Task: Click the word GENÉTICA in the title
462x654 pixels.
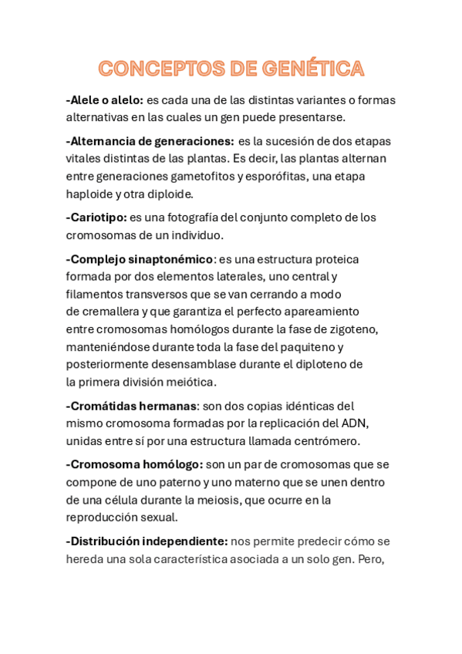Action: click(x=312, y=69)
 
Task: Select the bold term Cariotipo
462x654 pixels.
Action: click(x=96, y=217)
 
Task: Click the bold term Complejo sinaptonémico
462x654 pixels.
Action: click(x=140, y=259)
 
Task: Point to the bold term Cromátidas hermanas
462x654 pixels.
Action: click(x=131, y=406)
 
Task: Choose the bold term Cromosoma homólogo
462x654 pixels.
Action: click(x=135, y=464)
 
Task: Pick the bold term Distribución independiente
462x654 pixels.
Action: click(x=147, y=541)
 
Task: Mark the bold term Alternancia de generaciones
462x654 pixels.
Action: click(x=150, y=141)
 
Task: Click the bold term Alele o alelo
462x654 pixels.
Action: click(x=105, y=99)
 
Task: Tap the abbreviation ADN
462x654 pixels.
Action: click(x=356, y=423)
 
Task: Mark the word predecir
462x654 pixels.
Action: click(x=315, y=541)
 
